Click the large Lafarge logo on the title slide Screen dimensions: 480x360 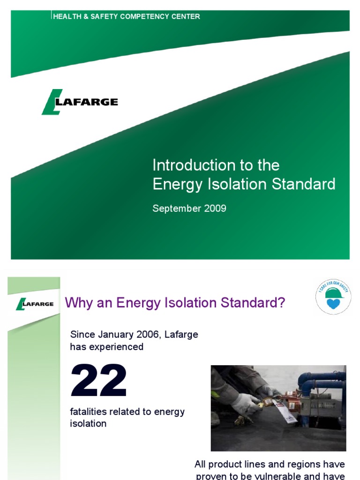tap(80, 102)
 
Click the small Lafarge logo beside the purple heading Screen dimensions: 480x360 tap(35, 304)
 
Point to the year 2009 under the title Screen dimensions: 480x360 tap(215, 209)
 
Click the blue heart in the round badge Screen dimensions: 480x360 tap(332, 304)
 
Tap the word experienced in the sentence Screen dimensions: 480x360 tap(119, 347)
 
